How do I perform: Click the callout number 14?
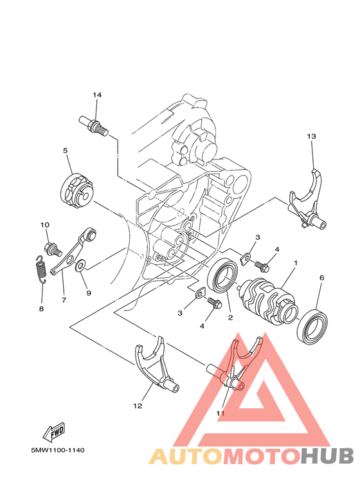click(x=97, y=95)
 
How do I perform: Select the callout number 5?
click(x=66, y=150)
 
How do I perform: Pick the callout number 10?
click(x=45, y=224)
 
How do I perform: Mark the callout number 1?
click(x=296, y=263)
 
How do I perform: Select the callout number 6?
click(x=321, y=278)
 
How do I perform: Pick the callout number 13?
click(x=312, y=136)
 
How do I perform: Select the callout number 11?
click(x=221, y=413)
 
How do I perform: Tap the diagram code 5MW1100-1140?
click(x=57, y=450)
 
